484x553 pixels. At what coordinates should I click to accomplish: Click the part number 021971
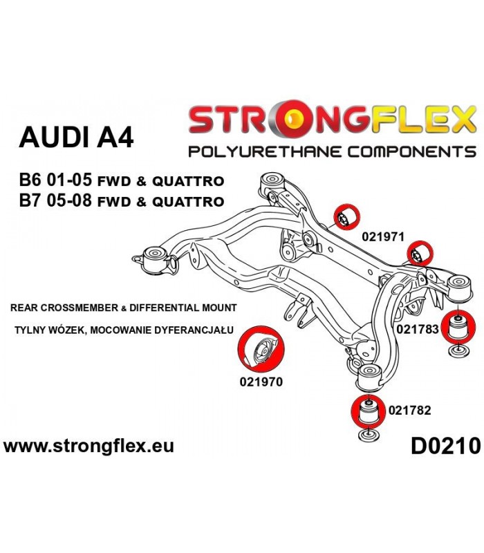click(383, 236)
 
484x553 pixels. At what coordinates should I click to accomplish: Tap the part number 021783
click(418, 329)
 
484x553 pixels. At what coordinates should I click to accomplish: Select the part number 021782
click(409, 410)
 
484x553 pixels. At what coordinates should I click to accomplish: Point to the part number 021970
click(261, 382)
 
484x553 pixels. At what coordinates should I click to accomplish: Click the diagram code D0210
click(445, 446)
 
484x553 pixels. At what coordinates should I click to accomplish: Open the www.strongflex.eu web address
click(89, 446)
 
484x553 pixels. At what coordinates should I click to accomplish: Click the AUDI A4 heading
click(76, 137)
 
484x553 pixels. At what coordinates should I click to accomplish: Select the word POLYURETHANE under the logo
click(265, 152)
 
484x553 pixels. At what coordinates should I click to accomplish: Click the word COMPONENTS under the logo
click(411, 152)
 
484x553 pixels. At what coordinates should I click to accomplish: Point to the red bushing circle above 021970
click(261, 349)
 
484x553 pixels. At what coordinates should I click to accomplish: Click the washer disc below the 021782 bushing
click(369, 435)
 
